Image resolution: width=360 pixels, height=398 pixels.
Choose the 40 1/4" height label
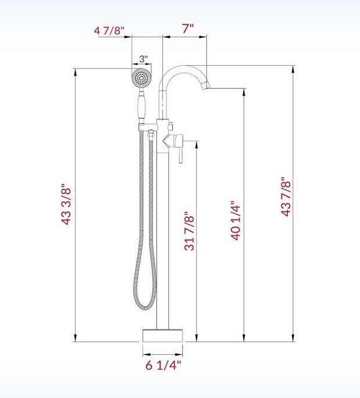coord(236,221)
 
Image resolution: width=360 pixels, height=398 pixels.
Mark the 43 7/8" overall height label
coord(285,197)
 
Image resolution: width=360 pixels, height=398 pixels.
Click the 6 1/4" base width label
coord(163,365)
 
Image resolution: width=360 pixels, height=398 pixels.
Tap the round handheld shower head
coord(141,77)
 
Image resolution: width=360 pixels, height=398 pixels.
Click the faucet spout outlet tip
coord(204,87)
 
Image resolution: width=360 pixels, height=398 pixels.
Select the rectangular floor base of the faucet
coord(163,336)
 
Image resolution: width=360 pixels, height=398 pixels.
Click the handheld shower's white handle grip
coord(141,109)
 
